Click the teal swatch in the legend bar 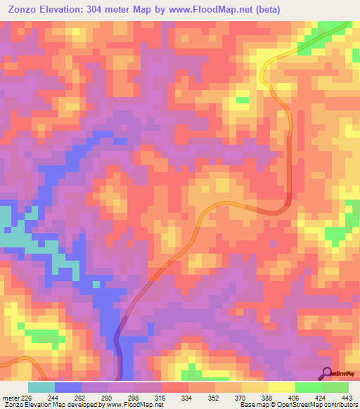(x=41, y=387)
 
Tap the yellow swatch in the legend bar (x=281, y=387)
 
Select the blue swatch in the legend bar (x=68, y=387)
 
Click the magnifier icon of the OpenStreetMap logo (x=327, y=372)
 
